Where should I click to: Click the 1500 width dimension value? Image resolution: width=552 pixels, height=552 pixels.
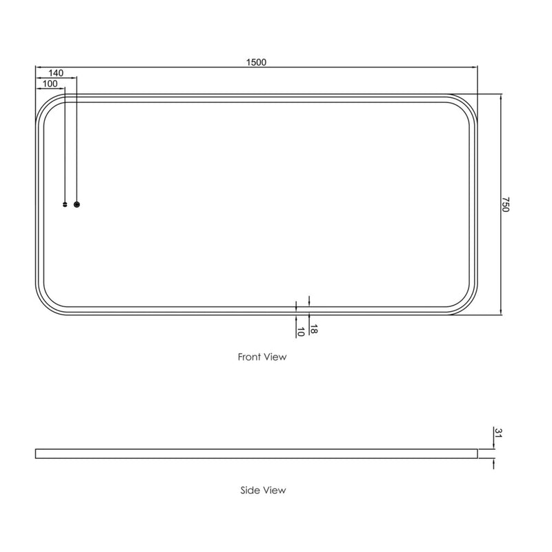(256, 61)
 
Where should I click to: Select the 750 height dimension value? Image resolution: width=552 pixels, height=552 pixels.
(505, 204)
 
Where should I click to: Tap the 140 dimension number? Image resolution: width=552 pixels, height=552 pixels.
(56, 72)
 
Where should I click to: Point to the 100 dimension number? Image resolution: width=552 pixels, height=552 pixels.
(50, 83)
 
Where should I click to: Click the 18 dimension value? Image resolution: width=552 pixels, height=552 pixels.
(313, 329)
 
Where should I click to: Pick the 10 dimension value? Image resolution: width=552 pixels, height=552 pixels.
(300, 331)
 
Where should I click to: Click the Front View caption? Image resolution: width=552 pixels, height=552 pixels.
(262, 357)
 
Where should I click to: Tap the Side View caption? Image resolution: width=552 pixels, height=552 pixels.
(263, 491)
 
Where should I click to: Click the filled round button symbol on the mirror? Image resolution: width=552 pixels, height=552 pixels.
(77, 204)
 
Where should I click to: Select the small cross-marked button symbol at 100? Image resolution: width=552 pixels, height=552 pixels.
(66, 204)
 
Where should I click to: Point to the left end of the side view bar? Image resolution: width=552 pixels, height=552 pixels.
(36, 453)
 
